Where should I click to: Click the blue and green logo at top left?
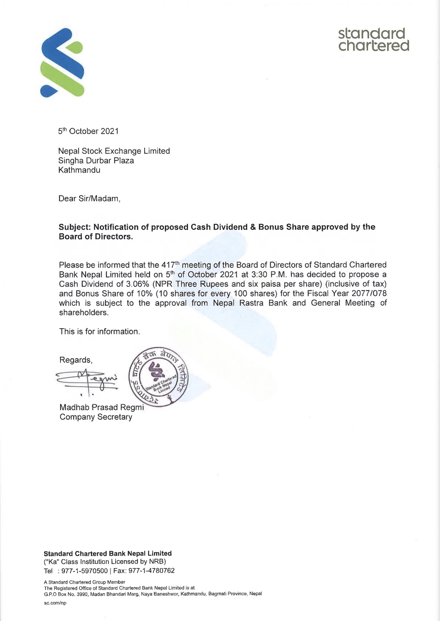(x=62, y=62)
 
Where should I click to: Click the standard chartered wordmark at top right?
(x=374, y=40)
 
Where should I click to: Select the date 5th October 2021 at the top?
(x=88, y=131)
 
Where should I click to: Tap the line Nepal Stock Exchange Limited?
(x=114, y=151)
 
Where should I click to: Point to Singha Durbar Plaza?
(x=96, y=161)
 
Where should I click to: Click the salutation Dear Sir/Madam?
(x=89, y=198)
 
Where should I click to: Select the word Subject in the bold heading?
(x=74, y=227)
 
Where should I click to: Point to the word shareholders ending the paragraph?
(x=83, y=313)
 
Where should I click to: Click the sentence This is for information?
(x=99, y=332)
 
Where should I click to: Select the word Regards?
(x=76, y=360)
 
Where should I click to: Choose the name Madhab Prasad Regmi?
(x=102, y=408)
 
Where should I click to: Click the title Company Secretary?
(x=96, y=417)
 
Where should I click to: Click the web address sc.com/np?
(x=55, y=603)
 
